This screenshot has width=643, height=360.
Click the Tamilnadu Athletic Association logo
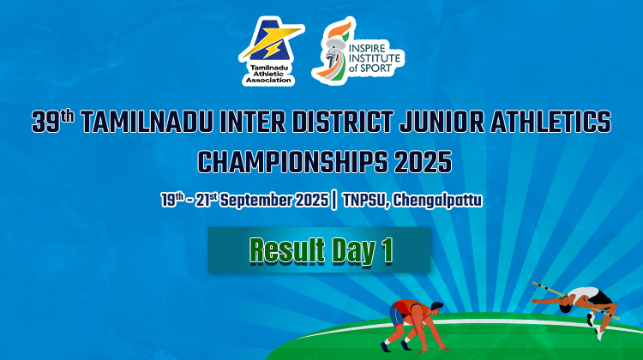(271, 51)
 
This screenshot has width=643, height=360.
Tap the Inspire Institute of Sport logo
(358, 50)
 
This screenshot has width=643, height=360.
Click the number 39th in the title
(53, 122)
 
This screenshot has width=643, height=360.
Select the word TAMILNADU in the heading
(147, 122)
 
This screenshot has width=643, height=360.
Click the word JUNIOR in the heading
(442, 122)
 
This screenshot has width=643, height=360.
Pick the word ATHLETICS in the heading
(550, 122)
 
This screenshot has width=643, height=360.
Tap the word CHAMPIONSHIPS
(293, 162)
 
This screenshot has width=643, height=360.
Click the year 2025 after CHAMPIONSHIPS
(423, 162)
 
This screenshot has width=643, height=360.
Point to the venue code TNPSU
(365, 201)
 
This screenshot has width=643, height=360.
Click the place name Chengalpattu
(437, 201)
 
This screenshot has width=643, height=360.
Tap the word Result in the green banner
(287, 250)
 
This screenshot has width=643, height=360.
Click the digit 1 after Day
(387, 250)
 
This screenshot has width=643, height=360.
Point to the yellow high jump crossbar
(575, 301)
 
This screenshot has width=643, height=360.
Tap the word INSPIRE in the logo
(367, 48)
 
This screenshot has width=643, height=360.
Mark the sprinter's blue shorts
(397, 315)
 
